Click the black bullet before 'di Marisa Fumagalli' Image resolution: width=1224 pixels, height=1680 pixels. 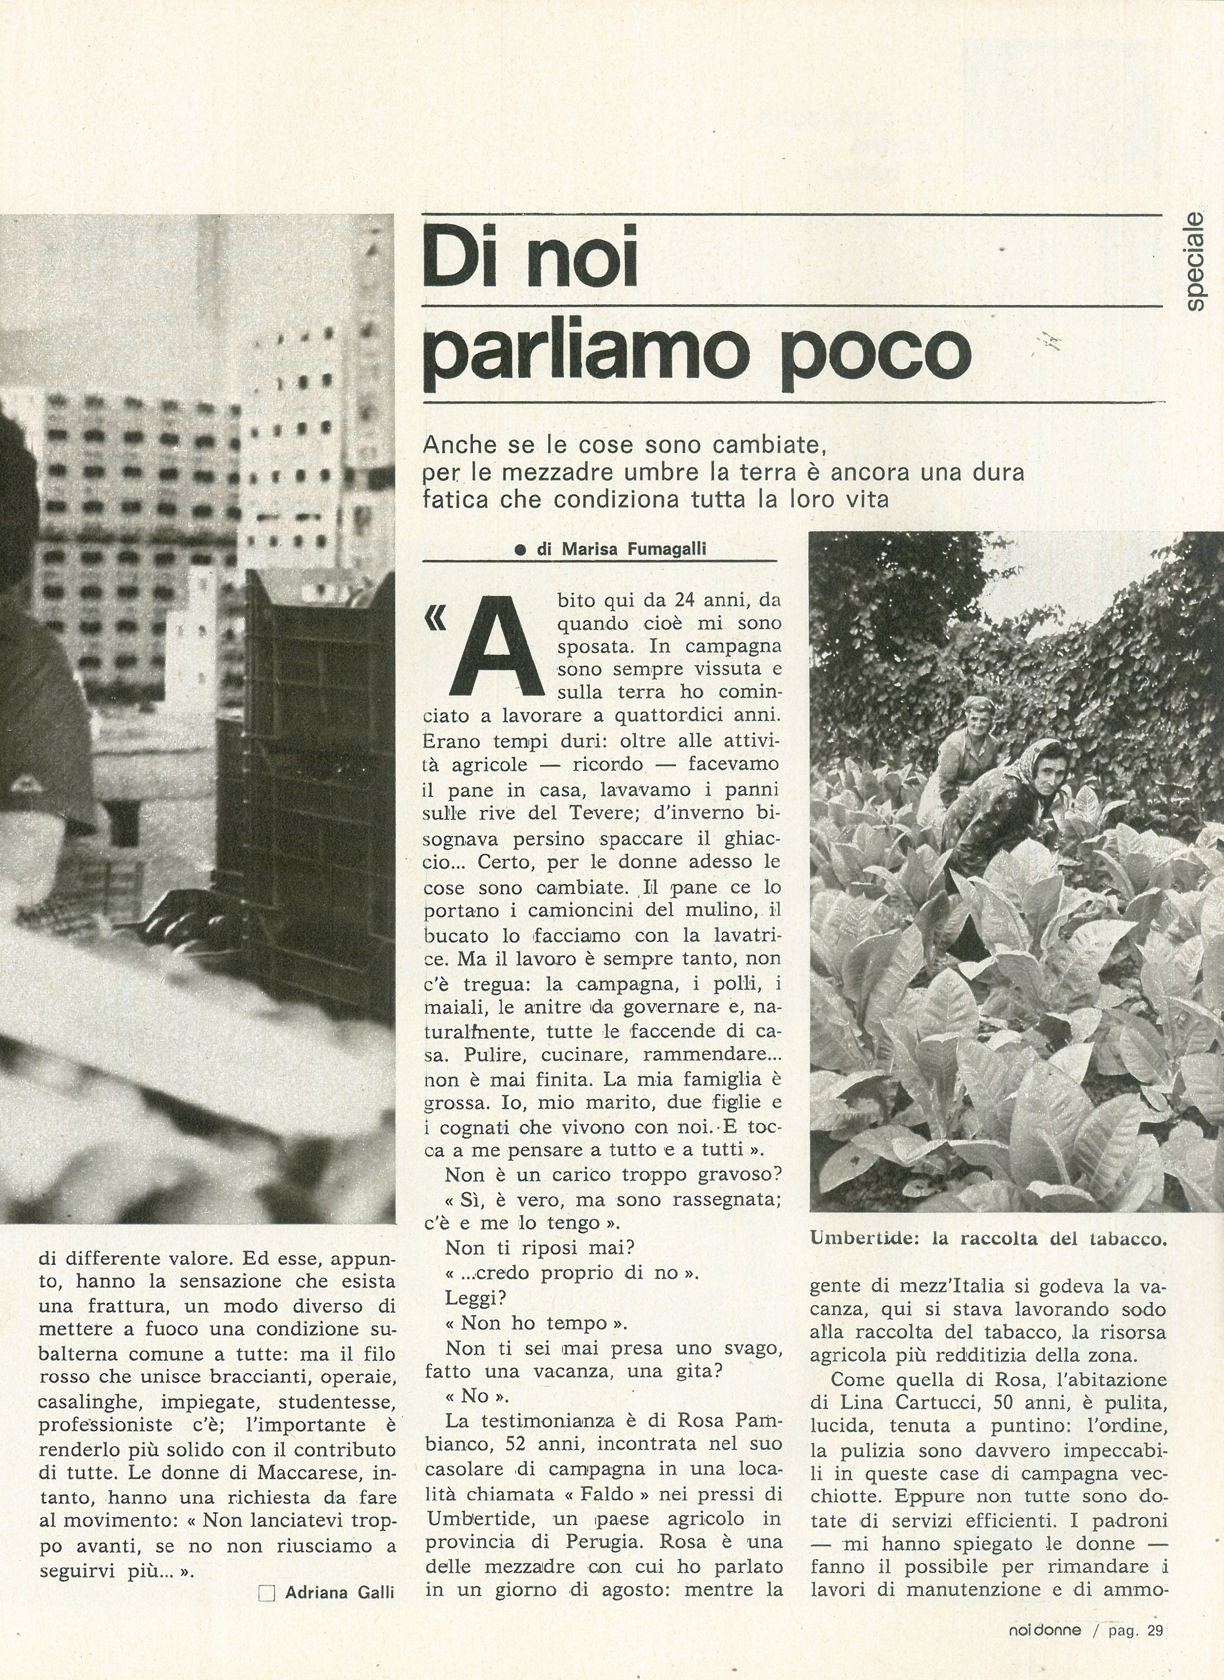pyautogui.click(x=520, y=550)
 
